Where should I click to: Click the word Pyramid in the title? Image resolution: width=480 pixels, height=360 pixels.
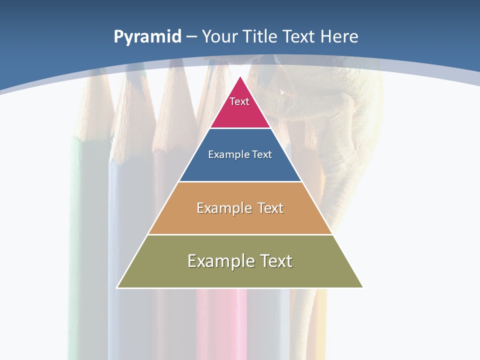(147, 36)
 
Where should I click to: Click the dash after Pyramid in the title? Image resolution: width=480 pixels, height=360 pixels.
(191, 37)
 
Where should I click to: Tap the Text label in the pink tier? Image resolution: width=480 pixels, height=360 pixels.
(239, 101)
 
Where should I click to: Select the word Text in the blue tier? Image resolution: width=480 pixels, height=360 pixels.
(262, 154)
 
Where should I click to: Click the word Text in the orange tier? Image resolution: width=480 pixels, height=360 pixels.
(270, 208)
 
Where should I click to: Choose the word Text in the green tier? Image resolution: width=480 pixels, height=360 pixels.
(276, 261)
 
